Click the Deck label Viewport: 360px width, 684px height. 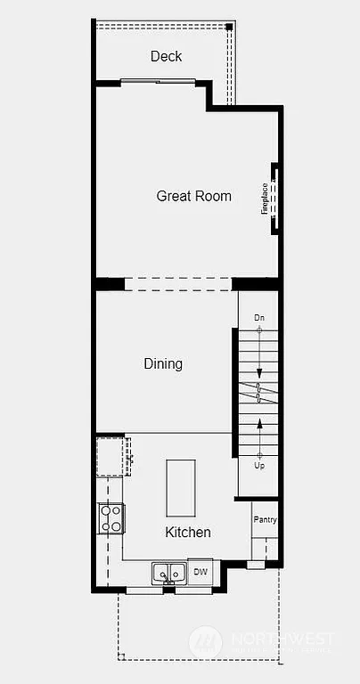(166, 56)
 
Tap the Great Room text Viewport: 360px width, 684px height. (193, 196)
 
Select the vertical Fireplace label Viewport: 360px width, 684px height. (265, 199)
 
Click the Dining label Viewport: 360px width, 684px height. (163, 363)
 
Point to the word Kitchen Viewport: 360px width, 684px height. (188, 533)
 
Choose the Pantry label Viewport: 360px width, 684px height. (265, 520)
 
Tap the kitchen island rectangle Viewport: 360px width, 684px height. (181, 487)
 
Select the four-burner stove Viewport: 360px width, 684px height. (110, 518)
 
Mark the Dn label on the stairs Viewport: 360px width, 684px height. (259, 318)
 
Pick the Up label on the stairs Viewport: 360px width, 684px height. (259, 465)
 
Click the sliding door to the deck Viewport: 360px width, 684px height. (159, 82)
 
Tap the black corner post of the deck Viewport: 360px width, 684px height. (229, 28)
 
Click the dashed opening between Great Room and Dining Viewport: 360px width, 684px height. (178, 284)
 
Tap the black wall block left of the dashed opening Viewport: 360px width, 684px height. (110, 284)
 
